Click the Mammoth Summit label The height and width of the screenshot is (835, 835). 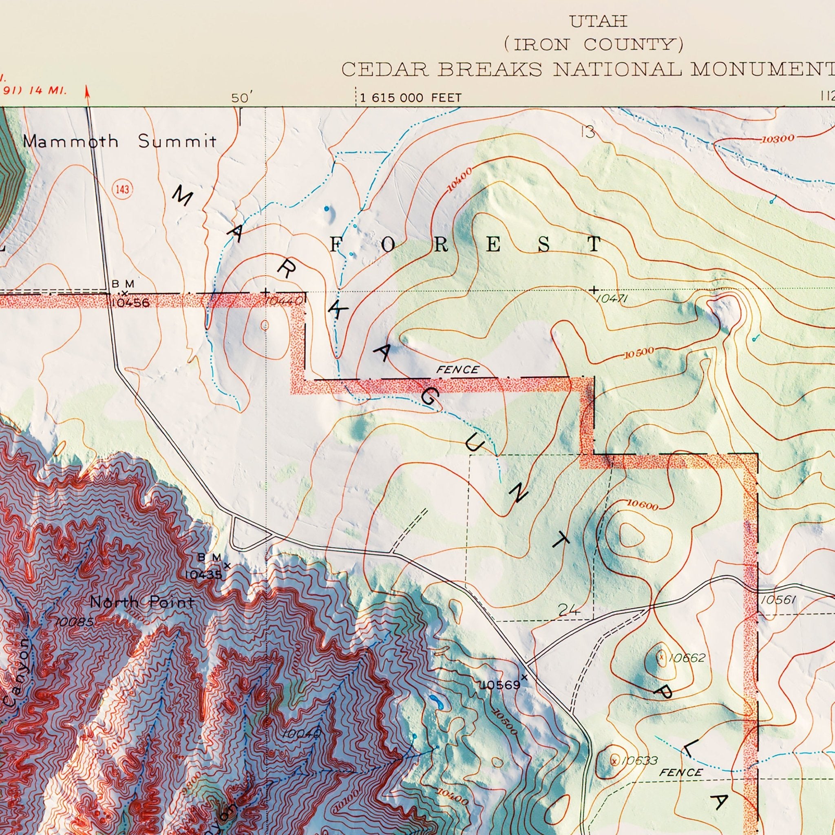click(x=120, y=142)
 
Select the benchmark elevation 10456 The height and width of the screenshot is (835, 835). click(x=130, y=303)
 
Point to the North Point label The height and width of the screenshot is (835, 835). click(x=142, y=602)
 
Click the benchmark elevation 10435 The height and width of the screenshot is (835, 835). click(x=203, y=575)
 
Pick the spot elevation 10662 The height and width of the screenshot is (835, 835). click(x=687, y=658)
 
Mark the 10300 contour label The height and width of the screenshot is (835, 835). click(x=778, y=139)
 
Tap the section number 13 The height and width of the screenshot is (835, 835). click(x=588, y=133)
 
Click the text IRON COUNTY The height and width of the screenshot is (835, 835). click(x=599, y=44)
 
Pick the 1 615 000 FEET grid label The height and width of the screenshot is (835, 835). click(x=410, y=98)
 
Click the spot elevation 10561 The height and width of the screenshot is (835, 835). click(x=778, y=599)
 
